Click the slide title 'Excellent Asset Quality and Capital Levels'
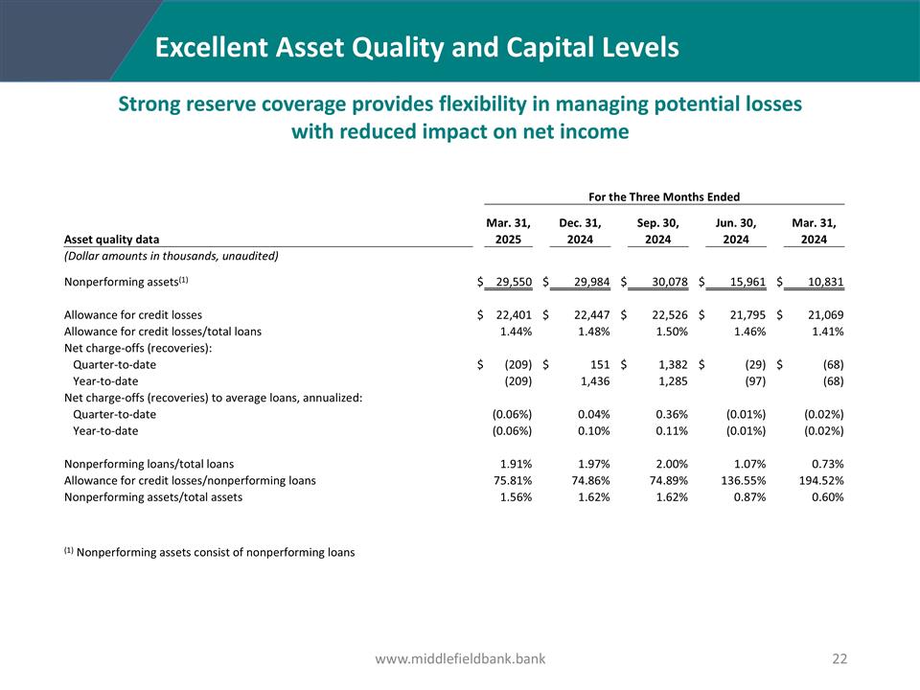click(x=417, y=47)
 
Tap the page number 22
click(x=840, y=658)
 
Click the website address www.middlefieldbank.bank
click(x=460, y=658)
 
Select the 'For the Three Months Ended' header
click(x=663, y=196)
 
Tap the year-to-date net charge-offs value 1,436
click(x=589, y=380)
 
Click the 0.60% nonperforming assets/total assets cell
click(x=825, y=496)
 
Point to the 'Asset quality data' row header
click(x=112, y=240)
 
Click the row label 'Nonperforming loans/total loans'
click(x=149, y=464)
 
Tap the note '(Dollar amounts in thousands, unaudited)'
click(x=171, y=256)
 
